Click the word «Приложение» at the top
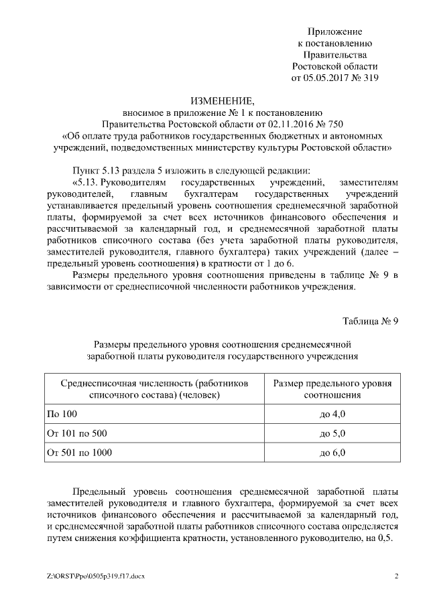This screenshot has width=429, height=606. click(x=334, y=31)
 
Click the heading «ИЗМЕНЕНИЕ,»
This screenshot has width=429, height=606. click(x=223, y=101)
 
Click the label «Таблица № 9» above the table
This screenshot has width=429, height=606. click(x=371, y=319)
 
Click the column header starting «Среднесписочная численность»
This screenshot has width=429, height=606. click(x=155, y=388)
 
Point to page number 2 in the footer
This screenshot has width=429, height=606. click(x=396, y=576)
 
